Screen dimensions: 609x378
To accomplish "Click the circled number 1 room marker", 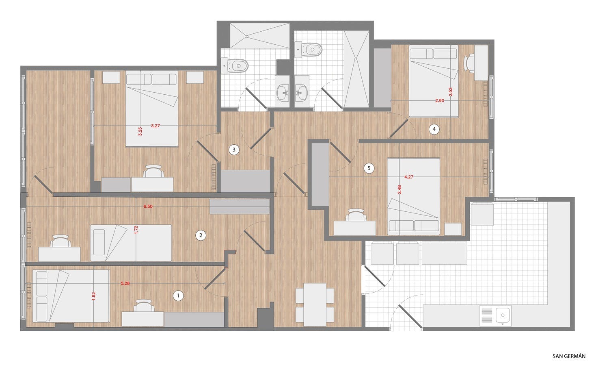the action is (x=178, y=295).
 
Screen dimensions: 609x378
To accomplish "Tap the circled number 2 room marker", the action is (x=201, y=235).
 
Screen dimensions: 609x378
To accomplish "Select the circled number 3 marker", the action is (x=234, y=150).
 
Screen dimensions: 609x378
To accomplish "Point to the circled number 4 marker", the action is (x=434, y=129).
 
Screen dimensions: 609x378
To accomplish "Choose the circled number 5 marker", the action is (x=369, y=168).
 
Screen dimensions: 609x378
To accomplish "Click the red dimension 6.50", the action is (x=148, y=206).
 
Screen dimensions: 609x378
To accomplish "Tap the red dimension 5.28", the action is (x=125, y=283).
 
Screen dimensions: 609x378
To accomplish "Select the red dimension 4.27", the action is (x=408, y=177).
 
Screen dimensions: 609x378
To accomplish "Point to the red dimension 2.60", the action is (x=440, y=100).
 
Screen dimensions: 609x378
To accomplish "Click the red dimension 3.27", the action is (x=155, y=126).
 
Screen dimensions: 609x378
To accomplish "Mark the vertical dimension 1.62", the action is (x=93, y=296).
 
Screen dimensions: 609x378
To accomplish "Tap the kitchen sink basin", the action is (x=503, y=315).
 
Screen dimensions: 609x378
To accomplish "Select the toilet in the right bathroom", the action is (x=309, y=50).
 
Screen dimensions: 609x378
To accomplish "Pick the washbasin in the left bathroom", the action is (x=283, y=93).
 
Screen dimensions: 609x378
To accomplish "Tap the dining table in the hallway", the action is (x=315, y=304).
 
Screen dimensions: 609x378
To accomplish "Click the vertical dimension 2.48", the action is (x=400, y=190).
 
